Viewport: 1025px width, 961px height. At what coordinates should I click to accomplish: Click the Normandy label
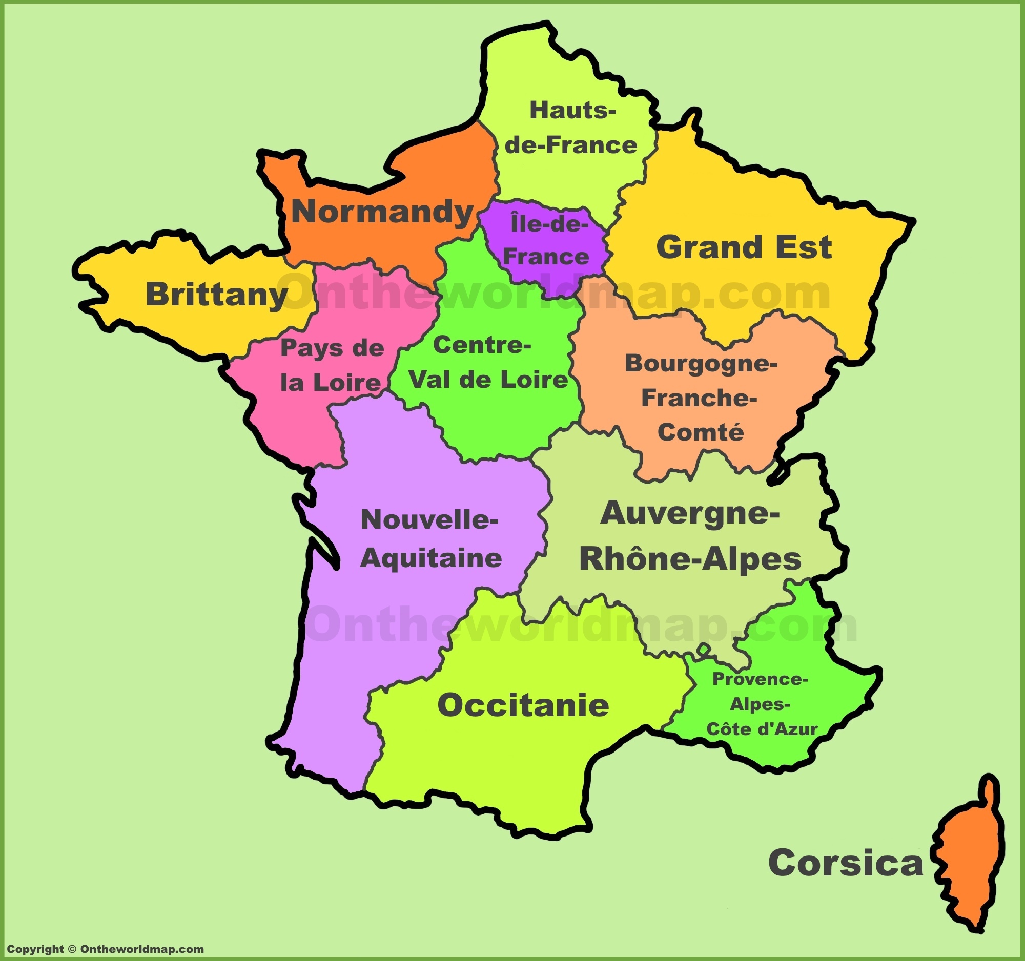[382, 212]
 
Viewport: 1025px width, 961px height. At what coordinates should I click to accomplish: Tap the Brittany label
[217, 294]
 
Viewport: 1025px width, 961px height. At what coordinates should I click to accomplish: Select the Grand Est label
[744, 247]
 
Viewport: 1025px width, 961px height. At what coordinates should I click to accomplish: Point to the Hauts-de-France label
[571, 128]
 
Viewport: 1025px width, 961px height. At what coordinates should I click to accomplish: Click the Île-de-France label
[546, 241]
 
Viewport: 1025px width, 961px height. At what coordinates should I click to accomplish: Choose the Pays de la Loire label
[332, 365]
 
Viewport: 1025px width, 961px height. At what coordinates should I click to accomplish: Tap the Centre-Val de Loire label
[487, 363]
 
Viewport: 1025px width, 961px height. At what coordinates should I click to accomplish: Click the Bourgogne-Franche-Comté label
[701, 398]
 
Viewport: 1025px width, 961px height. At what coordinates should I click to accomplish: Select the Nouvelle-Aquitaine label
[430, 538]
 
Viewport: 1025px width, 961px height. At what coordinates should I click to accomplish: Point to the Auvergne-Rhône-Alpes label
[690, 536]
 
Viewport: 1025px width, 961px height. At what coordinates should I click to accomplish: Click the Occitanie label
[523, 705]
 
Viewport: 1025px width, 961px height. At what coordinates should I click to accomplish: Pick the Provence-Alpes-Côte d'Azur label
[761, 704]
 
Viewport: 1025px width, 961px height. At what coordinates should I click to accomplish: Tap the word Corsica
[846, 863]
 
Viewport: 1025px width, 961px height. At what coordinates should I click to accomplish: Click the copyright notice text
[105, 949]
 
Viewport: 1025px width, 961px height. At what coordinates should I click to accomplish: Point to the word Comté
[701, 432]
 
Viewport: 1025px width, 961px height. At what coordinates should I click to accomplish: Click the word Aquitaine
[430, 558]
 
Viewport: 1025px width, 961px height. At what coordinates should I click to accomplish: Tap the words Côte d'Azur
[762, 729]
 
